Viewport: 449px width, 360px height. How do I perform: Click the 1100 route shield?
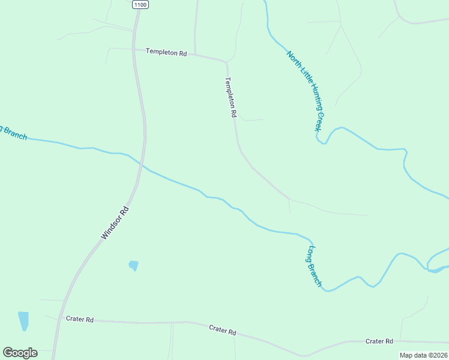(140, 4)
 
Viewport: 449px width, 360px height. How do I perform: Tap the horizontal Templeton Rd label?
(166, 53)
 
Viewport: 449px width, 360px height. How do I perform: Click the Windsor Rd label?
(115, 223)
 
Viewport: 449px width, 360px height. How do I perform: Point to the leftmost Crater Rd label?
(80, 320)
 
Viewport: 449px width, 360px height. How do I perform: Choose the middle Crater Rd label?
(222, 331)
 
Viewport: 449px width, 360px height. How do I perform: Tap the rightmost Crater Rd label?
(379, 341)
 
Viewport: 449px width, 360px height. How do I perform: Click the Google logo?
(20, 352)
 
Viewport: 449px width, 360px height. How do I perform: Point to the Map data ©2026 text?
(423, 355)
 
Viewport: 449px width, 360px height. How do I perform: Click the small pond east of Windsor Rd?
(133, 265)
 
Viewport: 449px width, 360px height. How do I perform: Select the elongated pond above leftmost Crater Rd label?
(23, 320)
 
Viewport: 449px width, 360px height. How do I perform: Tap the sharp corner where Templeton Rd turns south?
(226, 61)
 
